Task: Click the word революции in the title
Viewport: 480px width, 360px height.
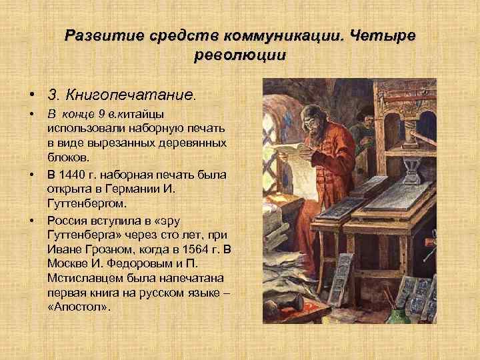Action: (x=239, y=57)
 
